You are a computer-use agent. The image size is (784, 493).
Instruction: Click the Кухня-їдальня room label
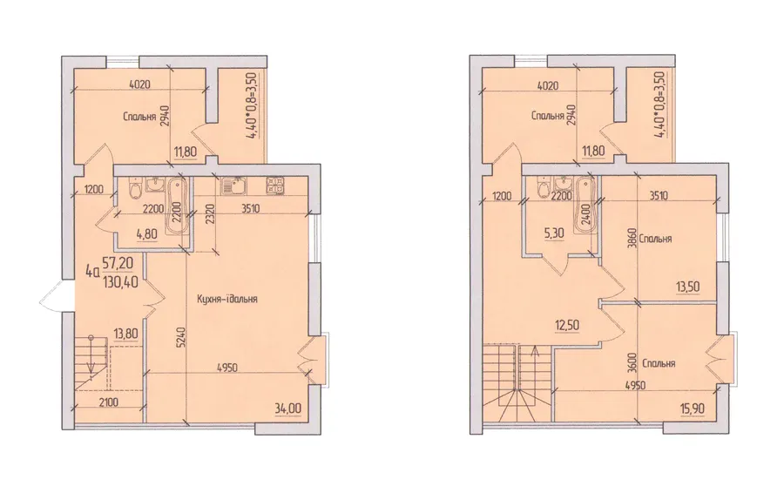tap(226, 299)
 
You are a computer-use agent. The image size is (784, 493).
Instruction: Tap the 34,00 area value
tap(287, 409)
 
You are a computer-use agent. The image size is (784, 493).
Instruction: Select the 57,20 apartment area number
tap(119, 261)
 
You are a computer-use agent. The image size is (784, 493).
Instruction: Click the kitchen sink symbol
tap(233, 186)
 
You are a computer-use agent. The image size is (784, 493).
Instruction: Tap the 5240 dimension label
tap(183, 336)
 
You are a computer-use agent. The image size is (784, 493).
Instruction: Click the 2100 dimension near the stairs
tap(108, 402)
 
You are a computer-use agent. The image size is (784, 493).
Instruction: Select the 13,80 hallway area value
tap(126, 334)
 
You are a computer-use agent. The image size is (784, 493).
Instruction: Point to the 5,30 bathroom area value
tap(555, 232)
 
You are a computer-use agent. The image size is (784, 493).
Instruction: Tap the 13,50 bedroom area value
tap(687, 287)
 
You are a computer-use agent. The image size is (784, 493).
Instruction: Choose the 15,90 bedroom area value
tap(693, 409)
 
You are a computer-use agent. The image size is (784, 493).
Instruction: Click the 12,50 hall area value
tap(567, 325)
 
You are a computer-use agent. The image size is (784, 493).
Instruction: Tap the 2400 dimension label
tap(586, 213)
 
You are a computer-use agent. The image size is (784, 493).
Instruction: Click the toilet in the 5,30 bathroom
tap(543, 188)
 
